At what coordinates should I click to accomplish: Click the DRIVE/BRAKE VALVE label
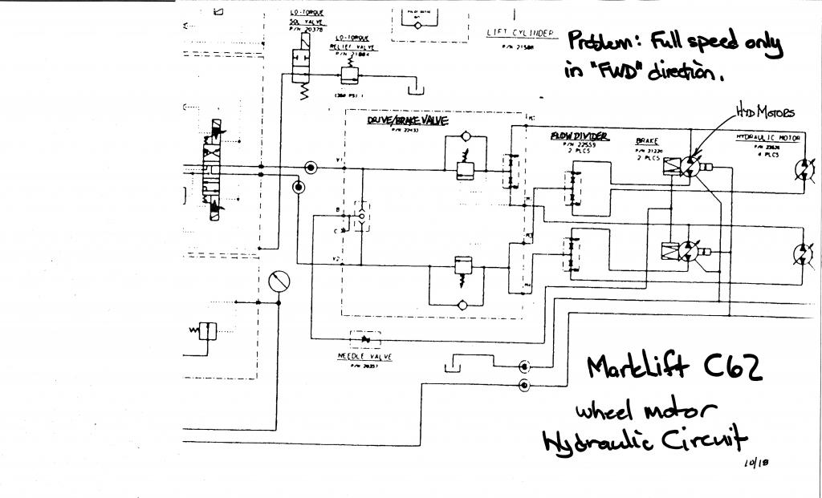pos(407,119)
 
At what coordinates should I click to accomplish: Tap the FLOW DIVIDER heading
pos(578,136)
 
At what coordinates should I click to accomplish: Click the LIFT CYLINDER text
pos(520,33)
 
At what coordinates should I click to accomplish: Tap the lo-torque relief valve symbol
pos(349,75)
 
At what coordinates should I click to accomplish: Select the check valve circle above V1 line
pos(461,140)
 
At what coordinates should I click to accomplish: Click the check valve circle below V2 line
pos(461,305)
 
